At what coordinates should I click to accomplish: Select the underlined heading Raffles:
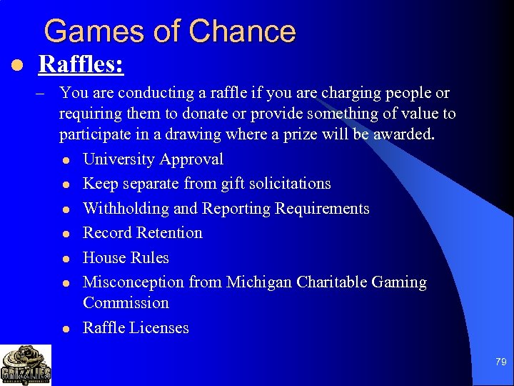81,65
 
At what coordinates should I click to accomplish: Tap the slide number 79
500,362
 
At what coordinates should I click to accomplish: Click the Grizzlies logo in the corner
26,365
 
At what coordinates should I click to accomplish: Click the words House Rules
126,257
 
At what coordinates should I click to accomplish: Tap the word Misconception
133,282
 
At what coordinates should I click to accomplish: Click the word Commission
126,302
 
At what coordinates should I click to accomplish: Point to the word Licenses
161,328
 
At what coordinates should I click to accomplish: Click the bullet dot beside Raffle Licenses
65,329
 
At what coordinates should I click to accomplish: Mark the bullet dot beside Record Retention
65,234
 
